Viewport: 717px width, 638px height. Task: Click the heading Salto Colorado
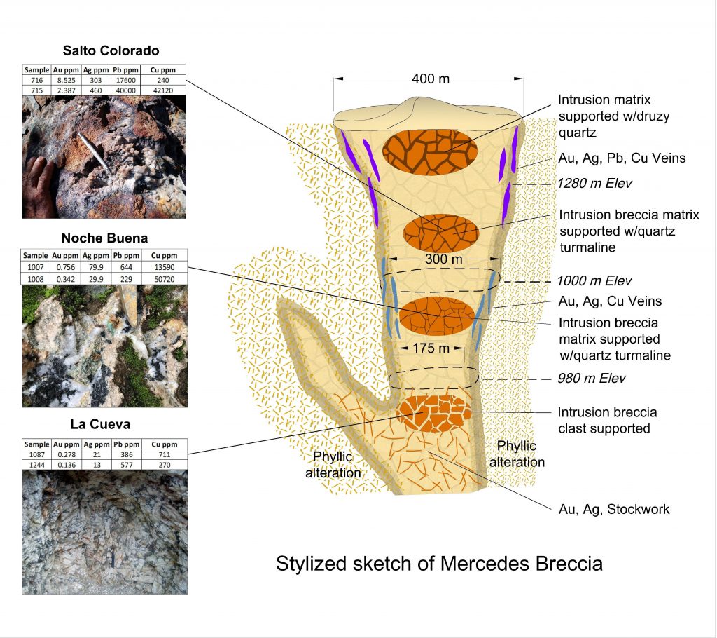pyautogui.click(x=111, y=50)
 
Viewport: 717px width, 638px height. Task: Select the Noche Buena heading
pyautogui.click(x=105, y=238)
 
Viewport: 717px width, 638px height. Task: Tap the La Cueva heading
pyautogui.click(x=105, y=424)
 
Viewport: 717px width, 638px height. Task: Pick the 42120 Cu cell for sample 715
pyautogui.click(x=164, y=90)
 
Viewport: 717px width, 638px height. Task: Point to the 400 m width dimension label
pyautogui.click(x=431, y=79)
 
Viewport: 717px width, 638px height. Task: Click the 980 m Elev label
pyautogui.click(x=591, y=379)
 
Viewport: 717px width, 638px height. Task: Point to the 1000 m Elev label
pyautogui.click(x=594, y=281)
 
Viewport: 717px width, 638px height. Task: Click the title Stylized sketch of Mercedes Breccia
pyautogui.click(x=439, y=564)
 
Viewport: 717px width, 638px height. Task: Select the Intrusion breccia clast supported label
pyautogui.click(x=607, y=420)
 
